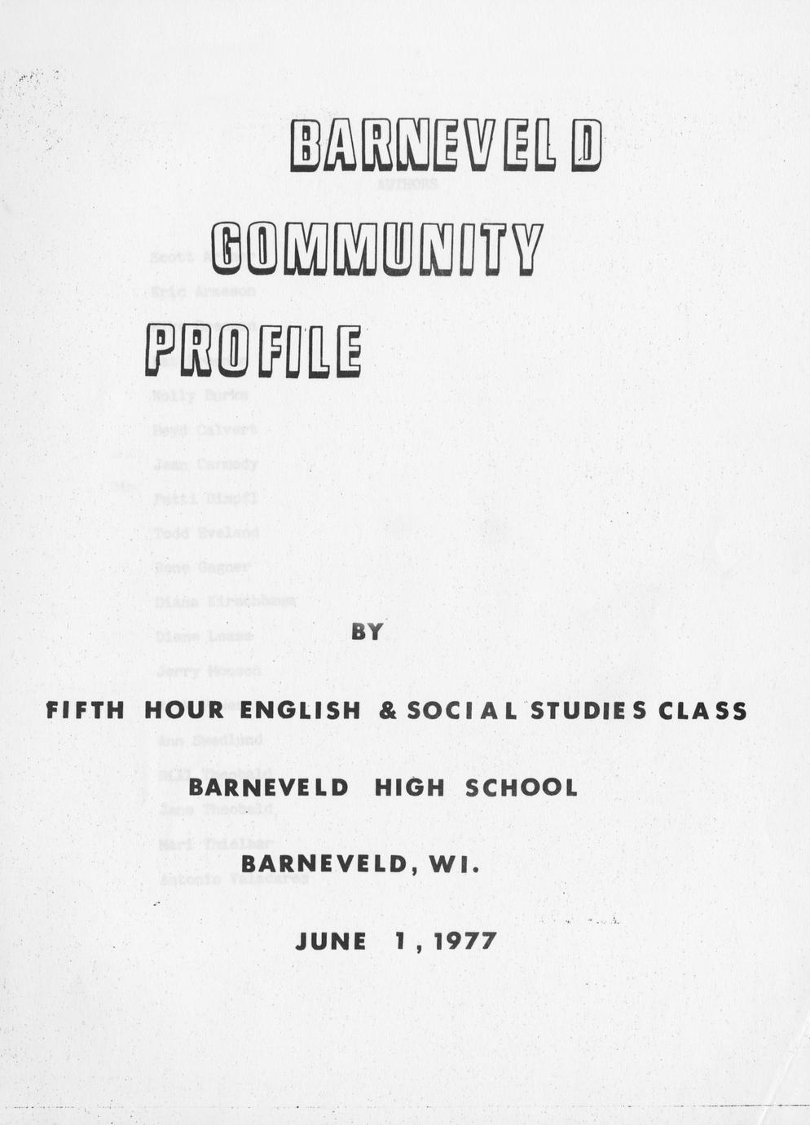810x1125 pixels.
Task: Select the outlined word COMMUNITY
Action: [x=376, y=247]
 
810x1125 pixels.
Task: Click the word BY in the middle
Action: [x=367, y=632]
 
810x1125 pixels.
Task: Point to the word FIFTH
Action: [x=86, y=711]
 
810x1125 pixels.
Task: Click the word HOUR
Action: [x=183, y=711]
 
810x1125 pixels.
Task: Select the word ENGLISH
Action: [x=300, y=711]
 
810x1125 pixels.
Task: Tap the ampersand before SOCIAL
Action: [x=388, y=711]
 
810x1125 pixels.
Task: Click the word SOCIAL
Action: [x=461, y=711]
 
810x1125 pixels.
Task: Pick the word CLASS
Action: [x=702, y=711]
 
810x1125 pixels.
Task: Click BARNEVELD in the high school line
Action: [x=269, y=787]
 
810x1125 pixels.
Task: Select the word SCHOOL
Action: [x=521, y=787]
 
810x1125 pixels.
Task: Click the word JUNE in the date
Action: [x=331, y=942]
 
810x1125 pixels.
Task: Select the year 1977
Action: [x=464, y=942]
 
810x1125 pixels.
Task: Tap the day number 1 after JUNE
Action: [x=399, y=942]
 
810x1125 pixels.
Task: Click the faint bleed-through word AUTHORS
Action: [x=407, y=184]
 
